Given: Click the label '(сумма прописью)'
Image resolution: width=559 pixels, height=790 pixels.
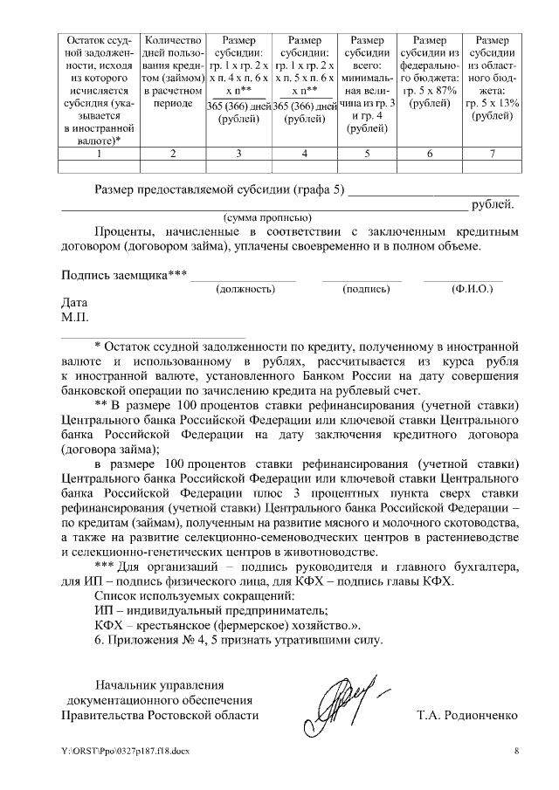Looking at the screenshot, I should [263, 217].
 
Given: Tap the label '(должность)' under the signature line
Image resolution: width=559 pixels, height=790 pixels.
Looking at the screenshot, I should [245, 288].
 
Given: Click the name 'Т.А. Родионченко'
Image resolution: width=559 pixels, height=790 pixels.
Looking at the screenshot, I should [467, 715].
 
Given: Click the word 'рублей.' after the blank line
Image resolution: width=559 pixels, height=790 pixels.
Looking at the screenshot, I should [493, 205].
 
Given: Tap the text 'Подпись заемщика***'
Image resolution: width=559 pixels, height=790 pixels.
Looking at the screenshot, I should [123, 275].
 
